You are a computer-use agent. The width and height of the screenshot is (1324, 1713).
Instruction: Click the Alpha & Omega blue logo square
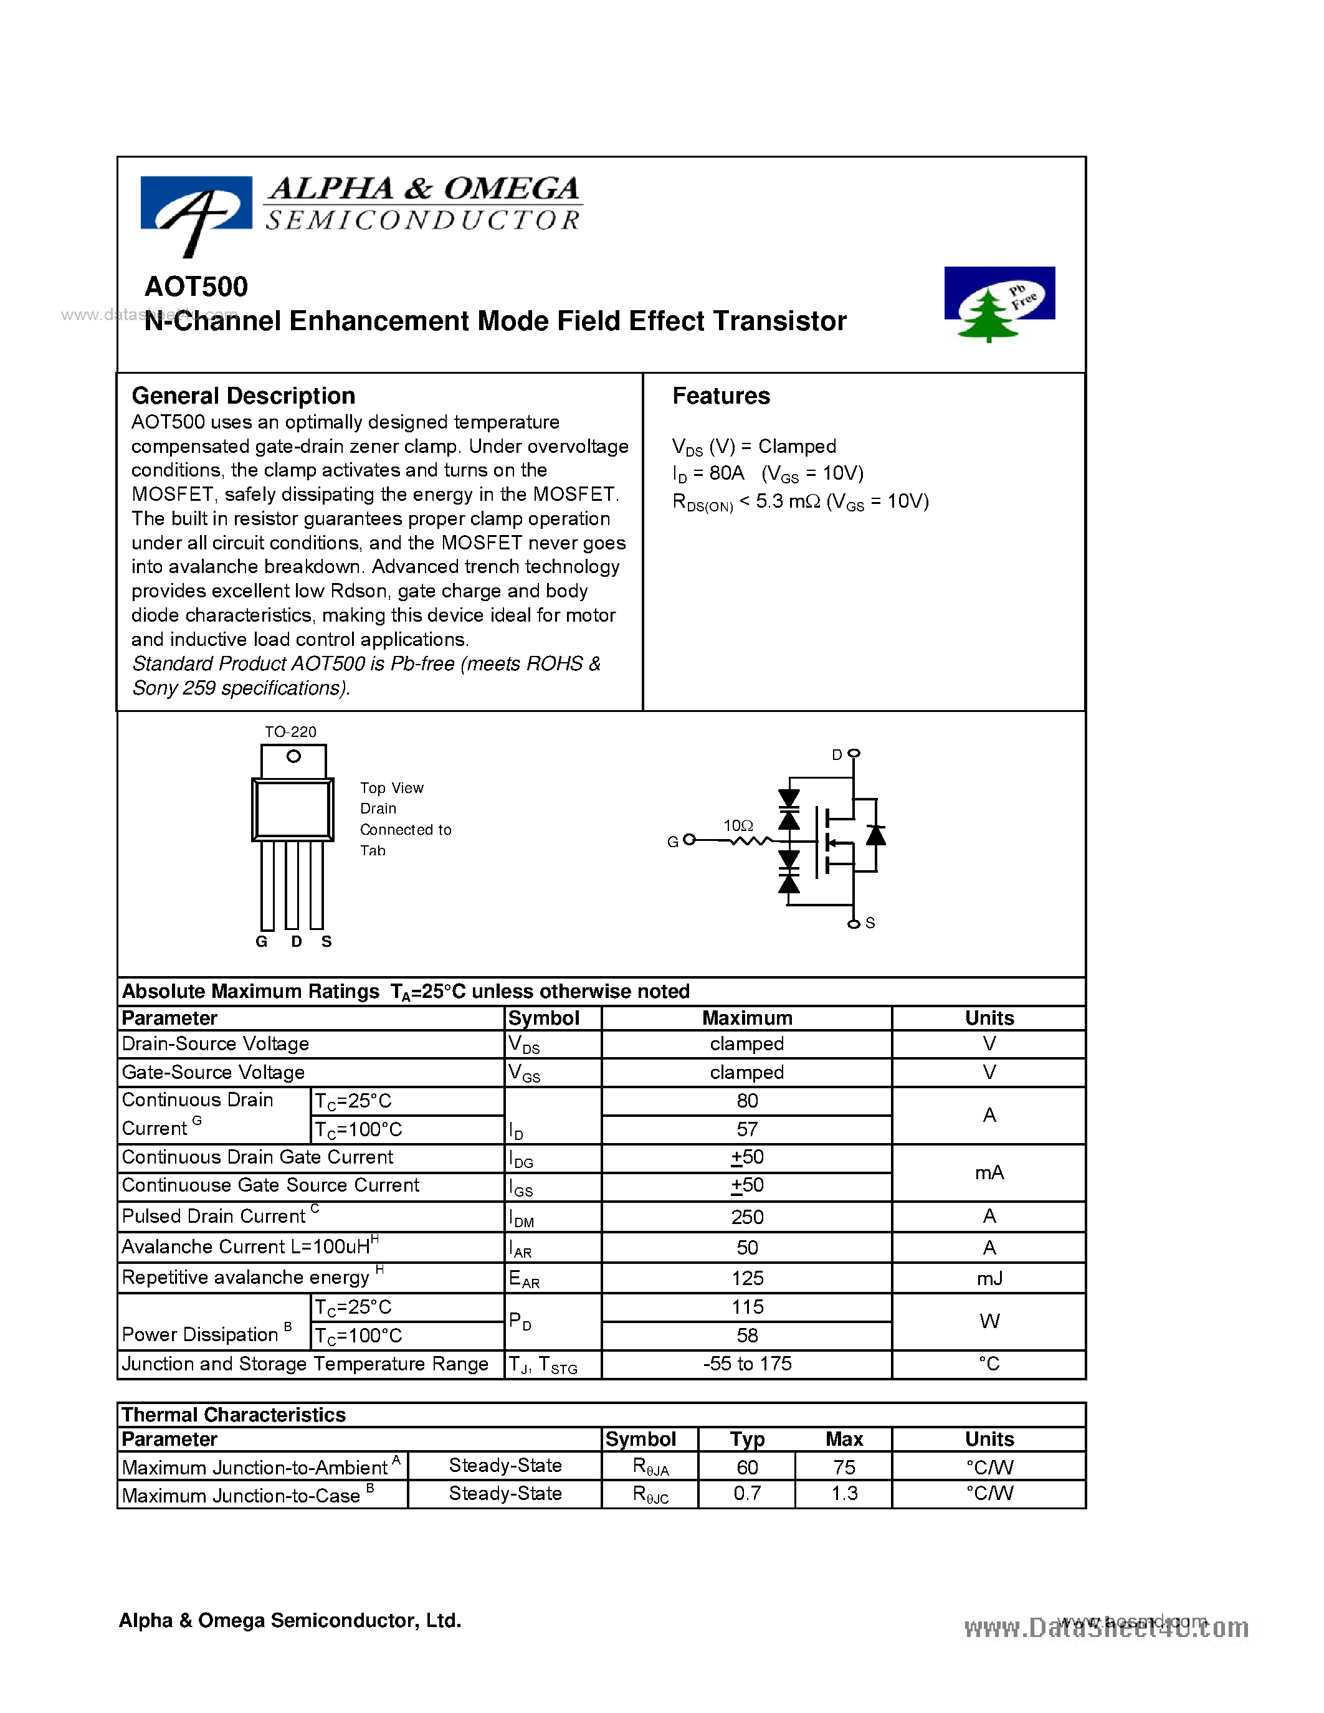click(196, 202)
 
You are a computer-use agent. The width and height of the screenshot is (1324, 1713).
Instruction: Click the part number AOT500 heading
click(196, 287)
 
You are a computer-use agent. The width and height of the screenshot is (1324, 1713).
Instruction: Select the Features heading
click(721, 396)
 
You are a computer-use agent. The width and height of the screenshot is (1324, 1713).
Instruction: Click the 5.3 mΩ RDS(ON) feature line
click(800, 502)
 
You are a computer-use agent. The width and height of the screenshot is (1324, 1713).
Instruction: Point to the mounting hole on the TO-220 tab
click(293, 756)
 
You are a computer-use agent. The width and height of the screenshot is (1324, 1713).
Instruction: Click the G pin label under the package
click(261, 942)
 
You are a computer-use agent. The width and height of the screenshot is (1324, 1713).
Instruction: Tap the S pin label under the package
click(326, 942)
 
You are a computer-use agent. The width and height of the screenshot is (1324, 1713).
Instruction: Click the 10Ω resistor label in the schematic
click(738, 826)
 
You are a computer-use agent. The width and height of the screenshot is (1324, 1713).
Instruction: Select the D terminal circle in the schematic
click(854, 753)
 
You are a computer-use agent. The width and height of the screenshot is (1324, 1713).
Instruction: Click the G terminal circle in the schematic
click(688, 840)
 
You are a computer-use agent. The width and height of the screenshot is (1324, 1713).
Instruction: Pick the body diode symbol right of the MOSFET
click(875, 836)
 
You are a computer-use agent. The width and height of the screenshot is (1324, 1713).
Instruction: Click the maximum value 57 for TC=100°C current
click(746, 1129)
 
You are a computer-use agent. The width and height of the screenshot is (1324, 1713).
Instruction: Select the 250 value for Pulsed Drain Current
click(746, 1217)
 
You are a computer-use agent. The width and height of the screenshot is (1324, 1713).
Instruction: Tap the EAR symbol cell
click(524, 1279)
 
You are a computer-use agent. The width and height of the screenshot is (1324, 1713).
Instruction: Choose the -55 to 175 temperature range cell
click(746, 1364)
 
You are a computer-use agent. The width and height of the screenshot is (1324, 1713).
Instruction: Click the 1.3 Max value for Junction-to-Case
click(844, 1493)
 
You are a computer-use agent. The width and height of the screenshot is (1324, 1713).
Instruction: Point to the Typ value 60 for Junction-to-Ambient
click(746, 1467)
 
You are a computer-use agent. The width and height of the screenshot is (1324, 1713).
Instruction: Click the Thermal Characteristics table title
click(234, 1415)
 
